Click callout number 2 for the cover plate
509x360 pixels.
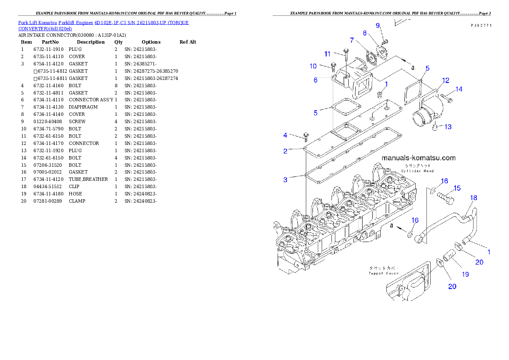[x=285, y=151]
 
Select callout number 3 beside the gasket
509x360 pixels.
[x=285, y=180]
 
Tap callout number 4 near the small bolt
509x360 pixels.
[x=285, y=135]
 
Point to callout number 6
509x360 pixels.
[x=316, y=80]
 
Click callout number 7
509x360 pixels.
[x=352, y=40]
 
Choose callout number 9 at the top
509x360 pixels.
[x=378, y=26]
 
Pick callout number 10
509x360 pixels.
[x=313, y=66]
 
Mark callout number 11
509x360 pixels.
[x=327, y=54]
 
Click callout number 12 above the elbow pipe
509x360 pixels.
[x=446, y=80]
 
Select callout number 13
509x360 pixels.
[x=447, y=127]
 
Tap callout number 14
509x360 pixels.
[x=459, y=89]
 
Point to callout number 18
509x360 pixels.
[x=474, y=198]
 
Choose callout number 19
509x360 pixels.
[x=465, y=274]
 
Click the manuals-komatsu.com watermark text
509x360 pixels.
[x=418, y=158]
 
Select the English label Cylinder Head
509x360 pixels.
[x=417, y=171]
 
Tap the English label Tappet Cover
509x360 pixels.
[x=384, y=273]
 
